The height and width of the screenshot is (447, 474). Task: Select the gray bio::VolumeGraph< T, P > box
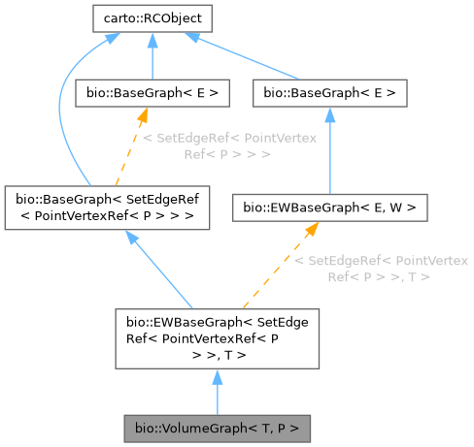pos(215,427)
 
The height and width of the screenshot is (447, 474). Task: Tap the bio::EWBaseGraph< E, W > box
pos(330,207)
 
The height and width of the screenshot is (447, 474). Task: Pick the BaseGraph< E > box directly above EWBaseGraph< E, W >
pos(329,93)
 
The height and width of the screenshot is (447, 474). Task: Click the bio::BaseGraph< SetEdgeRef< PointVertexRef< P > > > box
pos(108,207)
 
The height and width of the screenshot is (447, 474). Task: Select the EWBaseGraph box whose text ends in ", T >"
pos(217,338)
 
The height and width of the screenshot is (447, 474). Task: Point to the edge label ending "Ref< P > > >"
pos(229,146)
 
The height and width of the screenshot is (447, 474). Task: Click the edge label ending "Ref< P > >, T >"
pos(376,269)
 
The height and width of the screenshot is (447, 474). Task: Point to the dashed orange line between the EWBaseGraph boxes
pos(272,271)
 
